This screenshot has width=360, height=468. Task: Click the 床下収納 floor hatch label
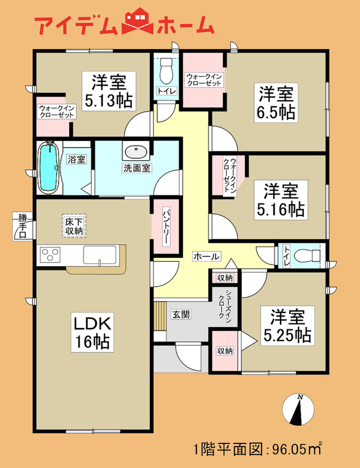tap(74, 226)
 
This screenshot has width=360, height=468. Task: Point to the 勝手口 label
tap(22, 227)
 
